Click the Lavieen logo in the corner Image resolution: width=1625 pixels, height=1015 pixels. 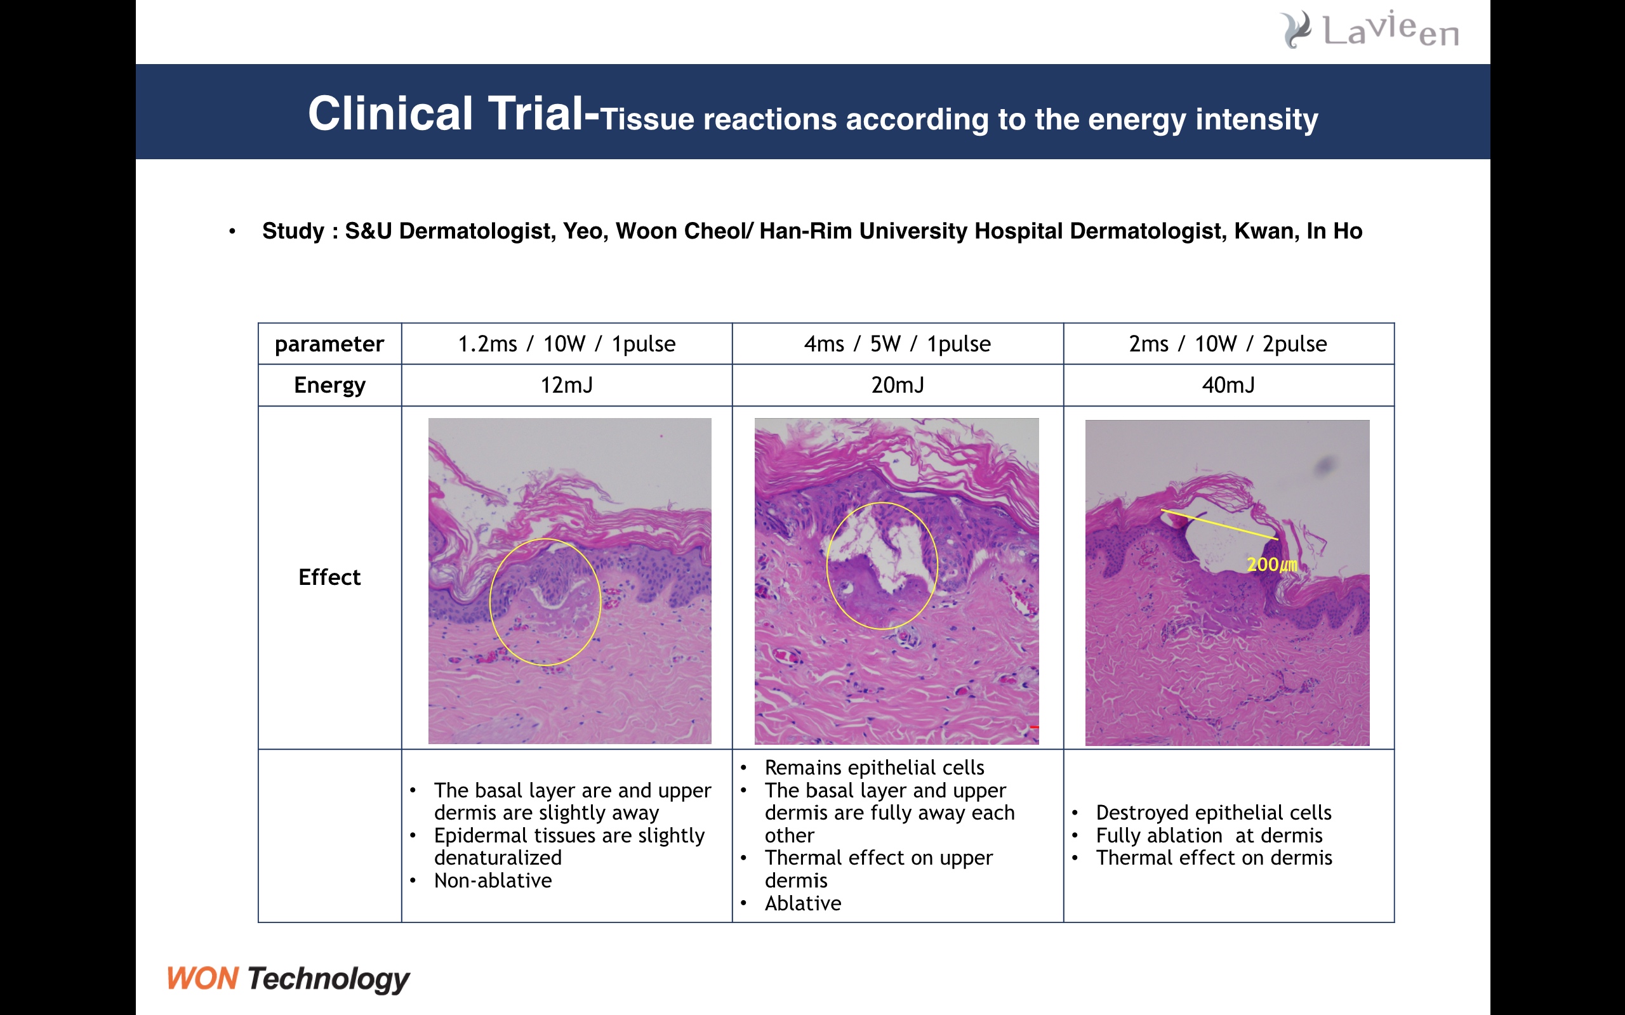click(x=1370, y=30)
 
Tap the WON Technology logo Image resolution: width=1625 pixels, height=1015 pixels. click(x=288, y=979)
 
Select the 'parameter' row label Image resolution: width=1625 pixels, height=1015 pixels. click(x=329, y=344)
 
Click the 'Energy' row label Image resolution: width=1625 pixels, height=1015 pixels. click(x=329, y=385)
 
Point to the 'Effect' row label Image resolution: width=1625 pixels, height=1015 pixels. click(x=329, y=577)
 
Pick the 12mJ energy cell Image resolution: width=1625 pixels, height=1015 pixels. click(x=567, y=385)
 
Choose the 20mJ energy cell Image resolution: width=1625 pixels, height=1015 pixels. click(x=898, y=385)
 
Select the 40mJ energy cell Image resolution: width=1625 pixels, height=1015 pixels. click(x=1228, y=385)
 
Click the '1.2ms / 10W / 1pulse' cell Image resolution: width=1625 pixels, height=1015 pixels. click(x=567, y=344)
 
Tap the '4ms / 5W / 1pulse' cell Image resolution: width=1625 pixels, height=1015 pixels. click(x=898, y=344)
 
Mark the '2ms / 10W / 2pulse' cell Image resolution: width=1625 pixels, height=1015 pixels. click(x=1228, y=344)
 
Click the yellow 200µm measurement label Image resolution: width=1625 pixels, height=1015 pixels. click(x=1272, y=565)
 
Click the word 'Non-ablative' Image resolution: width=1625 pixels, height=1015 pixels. click(x=493, y=881)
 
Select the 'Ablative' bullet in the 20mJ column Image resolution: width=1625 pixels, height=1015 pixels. click(x=803, y=903)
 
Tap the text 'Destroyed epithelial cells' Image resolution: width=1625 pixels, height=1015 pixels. click(x=1214, y=813)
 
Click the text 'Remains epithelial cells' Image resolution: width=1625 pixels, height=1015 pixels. click(x=874, y=768)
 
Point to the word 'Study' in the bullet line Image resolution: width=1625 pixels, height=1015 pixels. click(x=293, y=232)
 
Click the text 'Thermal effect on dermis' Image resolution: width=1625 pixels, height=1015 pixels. click(x=1214, y=858)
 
